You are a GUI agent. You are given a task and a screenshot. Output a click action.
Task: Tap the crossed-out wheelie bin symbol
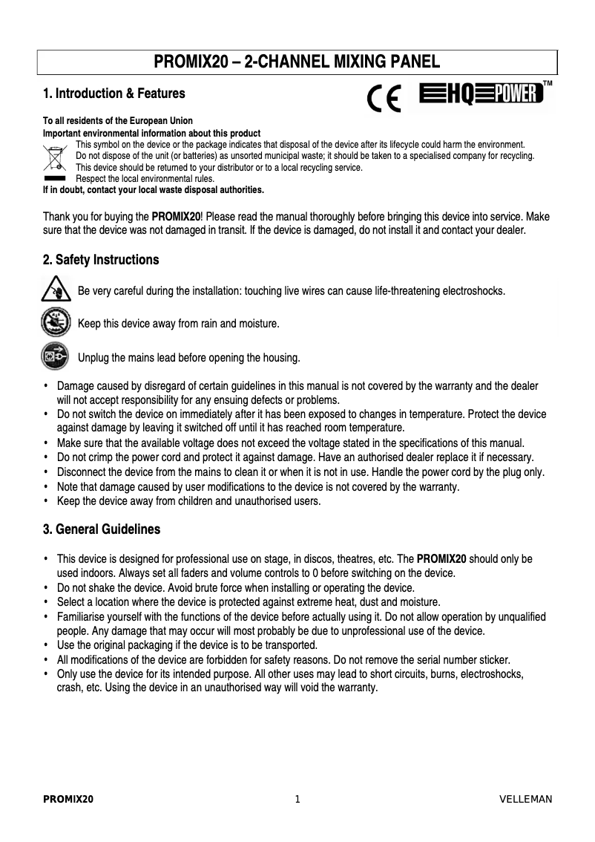[55, 158]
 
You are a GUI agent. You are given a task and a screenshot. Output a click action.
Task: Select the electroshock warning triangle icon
[55, 290]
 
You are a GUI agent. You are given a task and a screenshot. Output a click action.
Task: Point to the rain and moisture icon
[55, 324]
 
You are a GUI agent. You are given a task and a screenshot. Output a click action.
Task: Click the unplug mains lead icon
[55, 357]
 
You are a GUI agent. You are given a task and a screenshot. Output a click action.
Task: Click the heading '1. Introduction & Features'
[114, 94]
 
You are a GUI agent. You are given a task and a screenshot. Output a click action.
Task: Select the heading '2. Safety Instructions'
[101, 260]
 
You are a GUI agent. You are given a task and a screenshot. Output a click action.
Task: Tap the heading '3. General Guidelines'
[102, 530]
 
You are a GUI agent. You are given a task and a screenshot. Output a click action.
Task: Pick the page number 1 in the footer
[297, 799]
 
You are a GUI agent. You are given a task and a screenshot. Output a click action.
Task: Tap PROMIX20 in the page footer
[68, 799]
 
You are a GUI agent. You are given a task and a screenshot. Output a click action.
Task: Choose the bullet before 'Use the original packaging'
[46, 644]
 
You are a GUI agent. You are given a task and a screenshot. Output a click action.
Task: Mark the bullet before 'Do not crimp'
[46, 457]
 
